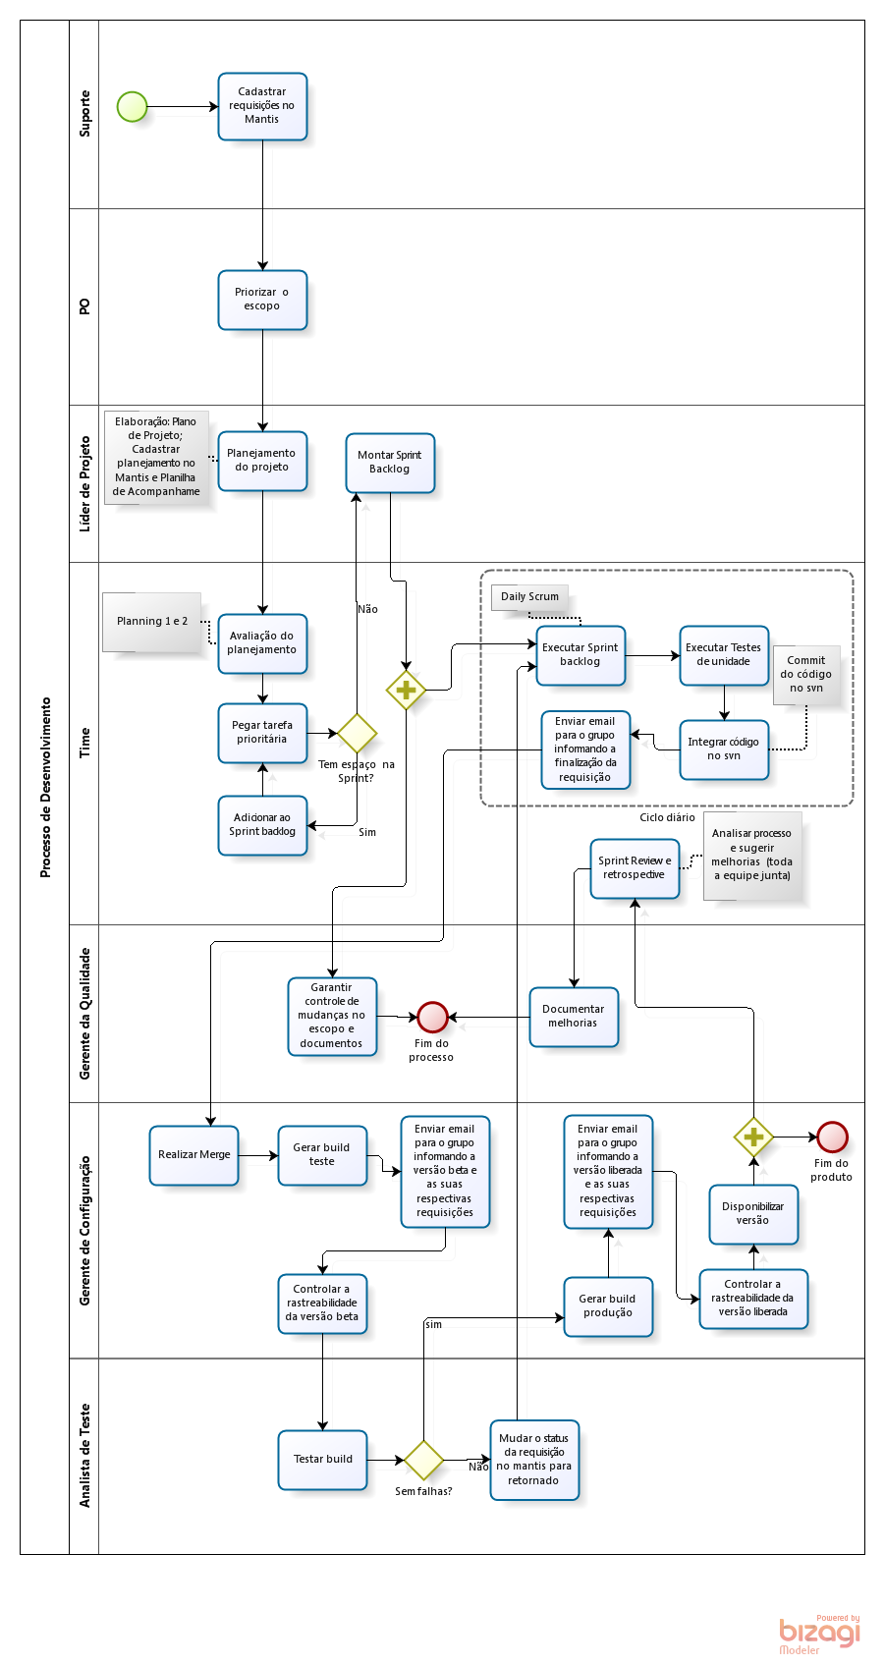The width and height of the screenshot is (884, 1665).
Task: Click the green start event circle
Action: pos(132,106)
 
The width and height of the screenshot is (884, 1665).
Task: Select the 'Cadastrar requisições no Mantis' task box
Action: pos(262,106)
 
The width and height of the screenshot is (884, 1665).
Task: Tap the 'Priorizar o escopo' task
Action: pos(262,300)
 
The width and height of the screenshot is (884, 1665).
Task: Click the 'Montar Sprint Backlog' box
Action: pos(390,463)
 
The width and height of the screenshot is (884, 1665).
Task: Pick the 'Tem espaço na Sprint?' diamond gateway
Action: pos(357,733)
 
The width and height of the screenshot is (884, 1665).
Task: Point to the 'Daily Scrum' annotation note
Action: pos(529,597)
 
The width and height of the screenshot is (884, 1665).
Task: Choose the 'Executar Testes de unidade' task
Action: pos(724,655)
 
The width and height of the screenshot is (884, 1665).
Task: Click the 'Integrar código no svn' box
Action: pos(724,749)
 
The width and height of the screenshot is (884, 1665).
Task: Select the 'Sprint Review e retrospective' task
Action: pos(635,868)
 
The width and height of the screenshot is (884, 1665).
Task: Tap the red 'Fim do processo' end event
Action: pos(432,1017)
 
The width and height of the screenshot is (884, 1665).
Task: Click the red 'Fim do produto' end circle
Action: pos(832,1137)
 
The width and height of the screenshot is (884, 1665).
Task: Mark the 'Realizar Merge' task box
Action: pos(194,1155)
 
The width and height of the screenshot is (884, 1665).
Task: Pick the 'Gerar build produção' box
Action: pos(608,1306)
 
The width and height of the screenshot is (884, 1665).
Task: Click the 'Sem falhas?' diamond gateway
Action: pos(423,1461)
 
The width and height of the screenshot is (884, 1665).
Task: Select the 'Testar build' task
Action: pos(322,1460)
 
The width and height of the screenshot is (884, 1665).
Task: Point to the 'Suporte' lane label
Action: pos(84,114)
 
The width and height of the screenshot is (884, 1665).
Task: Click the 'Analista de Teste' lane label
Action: pos(84,1456)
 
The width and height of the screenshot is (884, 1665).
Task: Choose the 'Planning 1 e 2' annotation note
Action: pos(152,622)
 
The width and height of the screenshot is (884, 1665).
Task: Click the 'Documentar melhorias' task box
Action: pos(574,1017)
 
